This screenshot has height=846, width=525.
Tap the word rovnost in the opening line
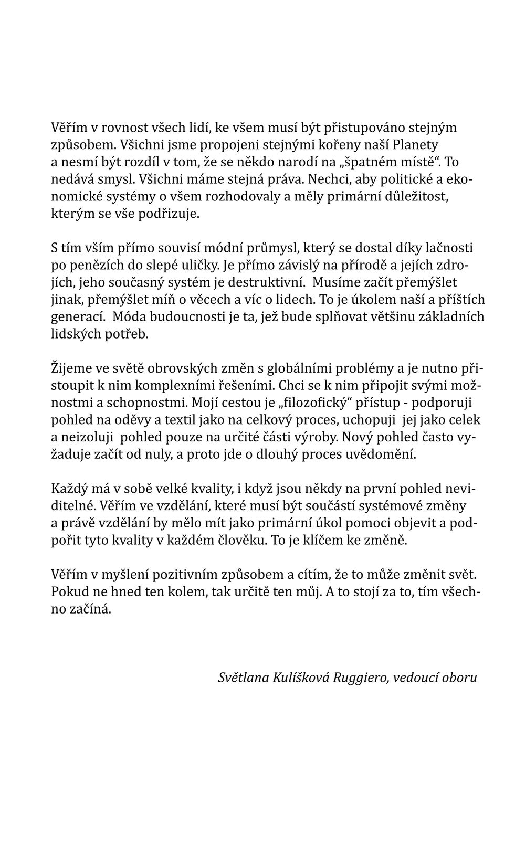pyautogui.click(x=112, y=128)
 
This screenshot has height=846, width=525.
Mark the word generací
pyautogui.click(x=79, y=317)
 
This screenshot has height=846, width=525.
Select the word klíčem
pyautogui.click(x=332, y=541)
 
